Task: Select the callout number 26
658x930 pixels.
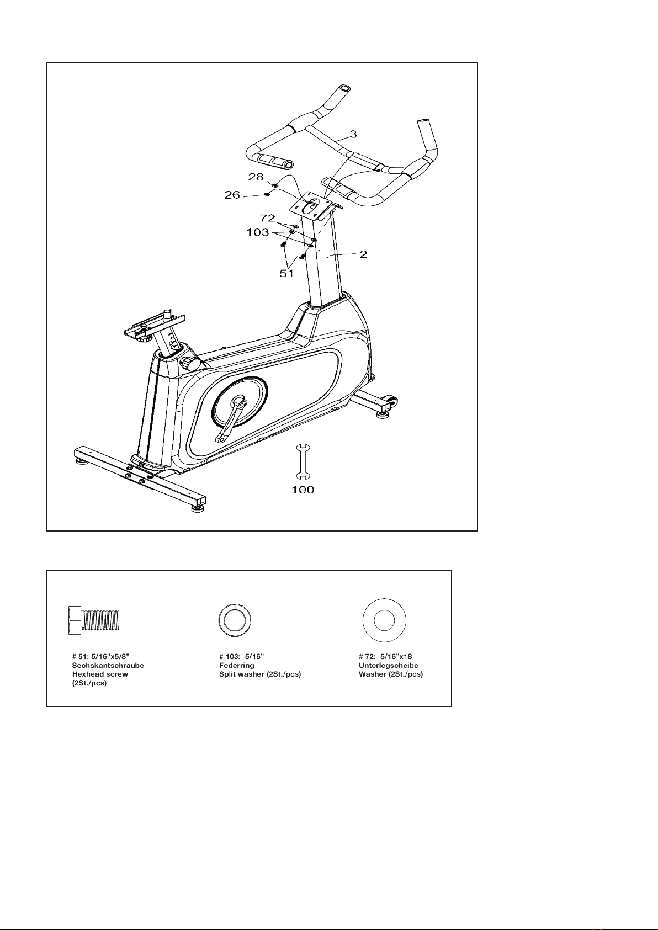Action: tap(231, 194)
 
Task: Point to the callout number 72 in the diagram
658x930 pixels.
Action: tap(267, 219)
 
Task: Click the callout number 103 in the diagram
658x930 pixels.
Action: tap(258, 232)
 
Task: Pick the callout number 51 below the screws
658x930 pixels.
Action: tap(286, 273)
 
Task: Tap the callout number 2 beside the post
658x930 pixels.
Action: tap(364, 254)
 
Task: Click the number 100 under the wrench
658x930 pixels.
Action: tap(303, 490)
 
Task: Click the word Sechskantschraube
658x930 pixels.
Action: tap(108, 666)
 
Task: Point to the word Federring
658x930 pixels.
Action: tap(237, 666)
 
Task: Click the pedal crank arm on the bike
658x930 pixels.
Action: tap(232, 419)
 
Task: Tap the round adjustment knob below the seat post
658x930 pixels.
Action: tap(192, 364)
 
